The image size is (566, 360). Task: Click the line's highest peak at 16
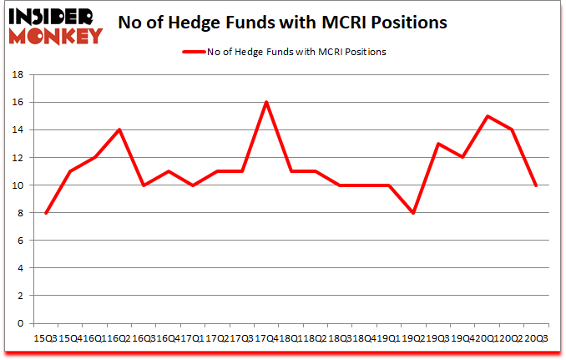click(x=265, y=102)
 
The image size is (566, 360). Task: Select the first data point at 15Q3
click(x=46, y=213)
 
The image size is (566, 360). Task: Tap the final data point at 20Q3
click(x=535, y=185)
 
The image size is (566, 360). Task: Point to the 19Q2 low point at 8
click(x=412, y=213)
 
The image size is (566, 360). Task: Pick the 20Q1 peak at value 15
click(x=486, y=116)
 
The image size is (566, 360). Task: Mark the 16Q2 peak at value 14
click(x=119, y=129)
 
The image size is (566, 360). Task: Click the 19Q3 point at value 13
click(x=437, y=144)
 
